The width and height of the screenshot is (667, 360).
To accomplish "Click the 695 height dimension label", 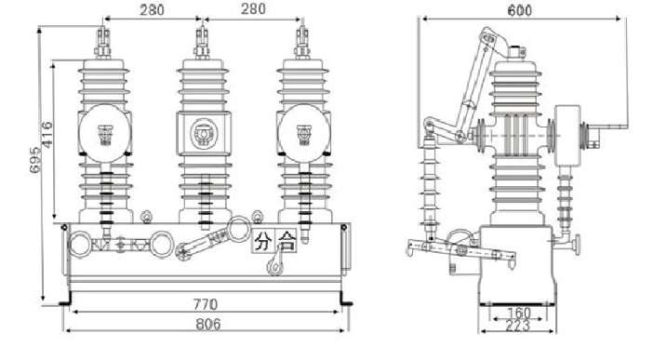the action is (x=35, y=160).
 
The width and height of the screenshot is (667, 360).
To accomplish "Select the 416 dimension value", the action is (x=47, y=135).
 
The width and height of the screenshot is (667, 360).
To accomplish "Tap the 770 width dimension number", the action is (x=206, y=305).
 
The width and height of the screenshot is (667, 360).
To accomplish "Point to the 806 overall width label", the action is (x=208, y=325).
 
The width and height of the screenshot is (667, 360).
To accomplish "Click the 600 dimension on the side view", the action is (x=519, y=10).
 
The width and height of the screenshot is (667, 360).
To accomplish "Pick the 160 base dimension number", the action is (x=519, y=313).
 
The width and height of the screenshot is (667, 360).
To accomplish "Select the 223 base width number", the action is (x=517, y=326).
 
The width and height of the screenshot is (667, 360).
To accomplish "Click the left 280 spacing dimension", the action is (x=153, y=10).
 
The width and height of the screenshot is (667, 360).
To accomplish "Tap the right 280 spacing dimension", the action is (x=254, y=8).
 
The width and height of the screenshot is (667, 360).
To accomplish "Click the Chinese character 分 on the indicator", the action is (x=263, y=241).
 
